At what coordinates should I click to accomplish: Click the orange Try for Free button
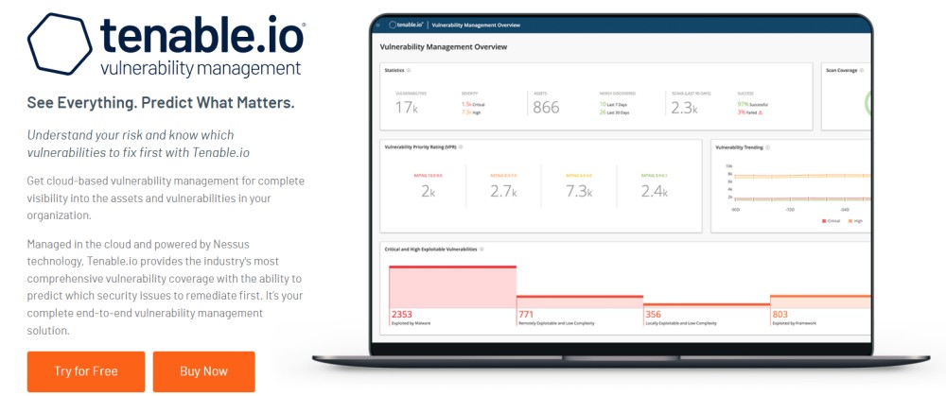[x=86, y=371]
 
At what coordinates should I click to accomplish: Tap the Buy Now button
[x=203, y=371]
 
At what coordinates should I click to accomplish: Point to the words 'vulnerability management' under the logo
[x=201, y=69]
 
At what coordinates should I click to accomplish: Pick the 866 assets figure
[x=546, y=107]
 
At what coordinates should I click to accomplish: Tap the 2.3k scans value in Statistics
[x=683, y=107]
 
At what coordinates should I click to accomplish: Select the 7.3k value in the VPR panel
[x=578, y=191]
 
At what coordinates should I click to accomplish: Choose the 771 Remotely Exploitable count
[x=527, y=314]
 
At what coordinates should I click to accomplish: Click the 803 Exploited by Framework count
[x=780, y=314]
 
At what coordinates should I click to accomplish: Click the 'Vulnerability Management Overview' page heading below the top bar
[x=443, y=46]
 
